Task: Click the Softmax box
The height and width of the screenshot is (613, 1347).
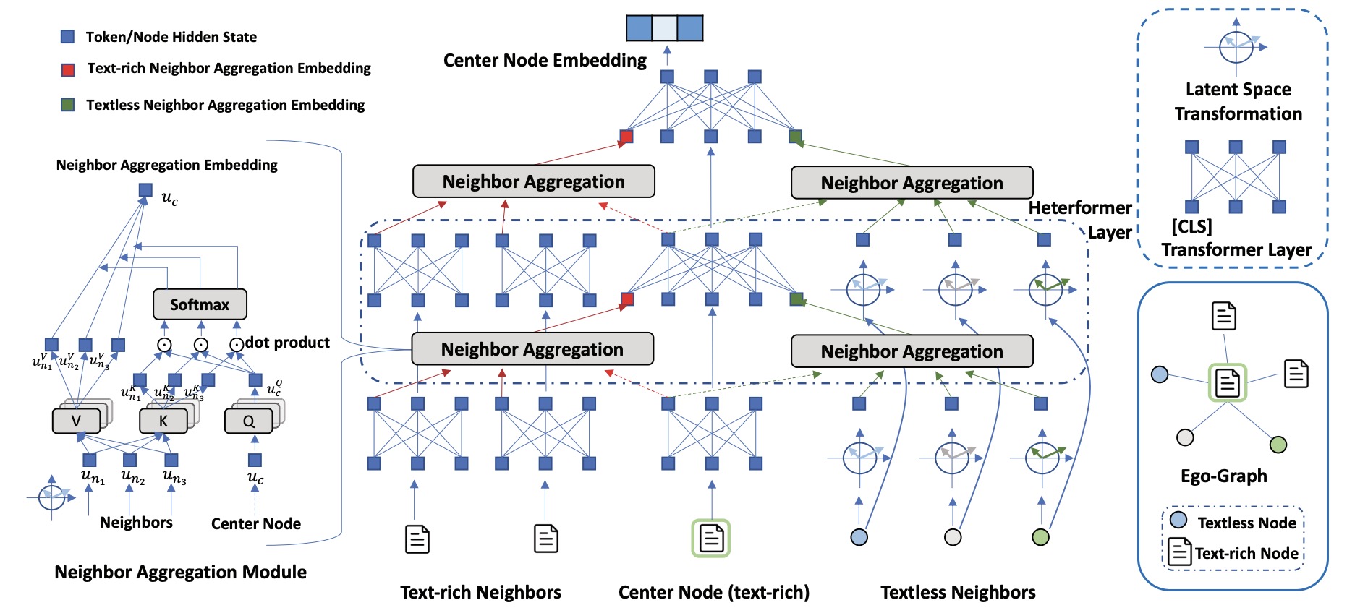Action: (x=200, y=304)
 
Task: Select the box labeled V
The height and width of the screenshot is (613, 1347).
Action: (x=76, y=421)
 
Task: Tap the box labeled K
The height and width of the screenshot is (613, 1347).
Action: (x=163, y=421)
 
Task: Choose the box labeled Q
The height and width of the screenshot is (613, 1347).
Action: (x=248, y=421)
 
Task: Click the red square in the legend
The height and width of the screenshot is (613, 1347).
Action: (x=68, y=69)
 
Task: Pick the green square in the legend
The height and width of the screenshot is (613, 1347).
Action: (x=67, y=105)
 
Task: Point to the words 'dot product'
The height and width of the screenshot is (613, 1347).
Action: (x=287, y=343)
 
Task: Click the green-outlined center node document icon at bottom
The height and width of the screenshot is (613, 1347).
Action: (x=711, y=538)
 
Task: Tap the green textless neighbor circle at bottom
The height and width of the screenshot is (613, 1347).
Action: (x=1040, y=537)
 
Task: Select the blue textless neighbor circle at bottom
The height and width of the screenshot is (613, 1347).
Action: (x=859, y=537)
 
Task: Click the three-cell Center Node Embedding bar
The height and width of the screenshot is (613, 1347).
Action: (x=664, y=28)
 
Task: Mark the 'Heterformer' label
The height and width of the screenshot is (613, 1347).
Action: (x=1079, y=208)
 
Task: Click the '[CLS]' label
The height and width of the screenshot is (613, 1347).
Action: (x=1191, y=226)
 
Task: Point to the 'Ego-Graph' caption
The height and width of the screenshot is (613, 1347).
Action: (x=1223, y=476)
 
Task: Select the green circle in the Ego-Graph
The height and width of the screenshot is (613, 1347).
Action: (x=1278, y=445)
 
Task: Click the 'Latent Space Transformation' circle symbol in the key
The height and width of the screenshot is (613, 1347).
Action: (x=1236, y=47)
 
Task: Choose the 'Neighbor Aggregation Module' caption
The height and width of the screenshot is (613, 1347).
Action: (x=180, y=573)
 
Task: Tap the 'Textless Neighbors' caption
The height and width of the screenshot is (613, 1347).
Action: (x=958, y=593)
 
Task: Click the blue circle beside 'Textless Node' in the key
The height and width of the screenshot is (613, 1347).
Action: (x=1178, y=520)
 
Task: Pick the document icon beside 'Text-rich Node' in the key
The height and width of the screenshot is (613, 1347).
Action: (x=1180, y=552)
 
